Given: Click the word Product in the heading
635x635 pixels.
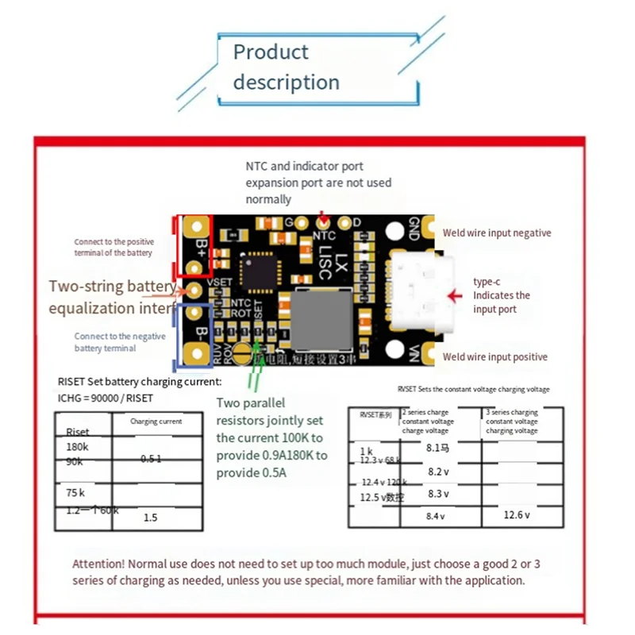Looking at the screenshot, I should tap(270, 52).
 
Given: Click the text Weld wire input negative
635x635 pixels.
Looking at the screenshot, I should tap(496, 233).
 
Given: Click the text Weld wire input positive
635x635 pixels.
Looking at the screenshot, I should tap(495, 357).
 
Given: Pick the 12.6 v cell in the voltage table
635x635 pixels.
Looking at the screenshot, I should tap(518, 515).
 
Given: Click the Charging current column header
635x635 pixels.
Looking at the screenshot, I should tap(156, 421).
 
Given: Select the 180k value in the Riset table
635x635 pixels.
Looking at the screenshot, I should tap(78, 447).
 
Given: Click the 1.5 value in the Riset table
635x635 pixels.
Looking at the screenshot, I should tap(150, 518).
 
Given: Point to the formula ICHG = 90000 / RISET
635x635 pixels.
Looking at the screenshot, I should tap(106, 398).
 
